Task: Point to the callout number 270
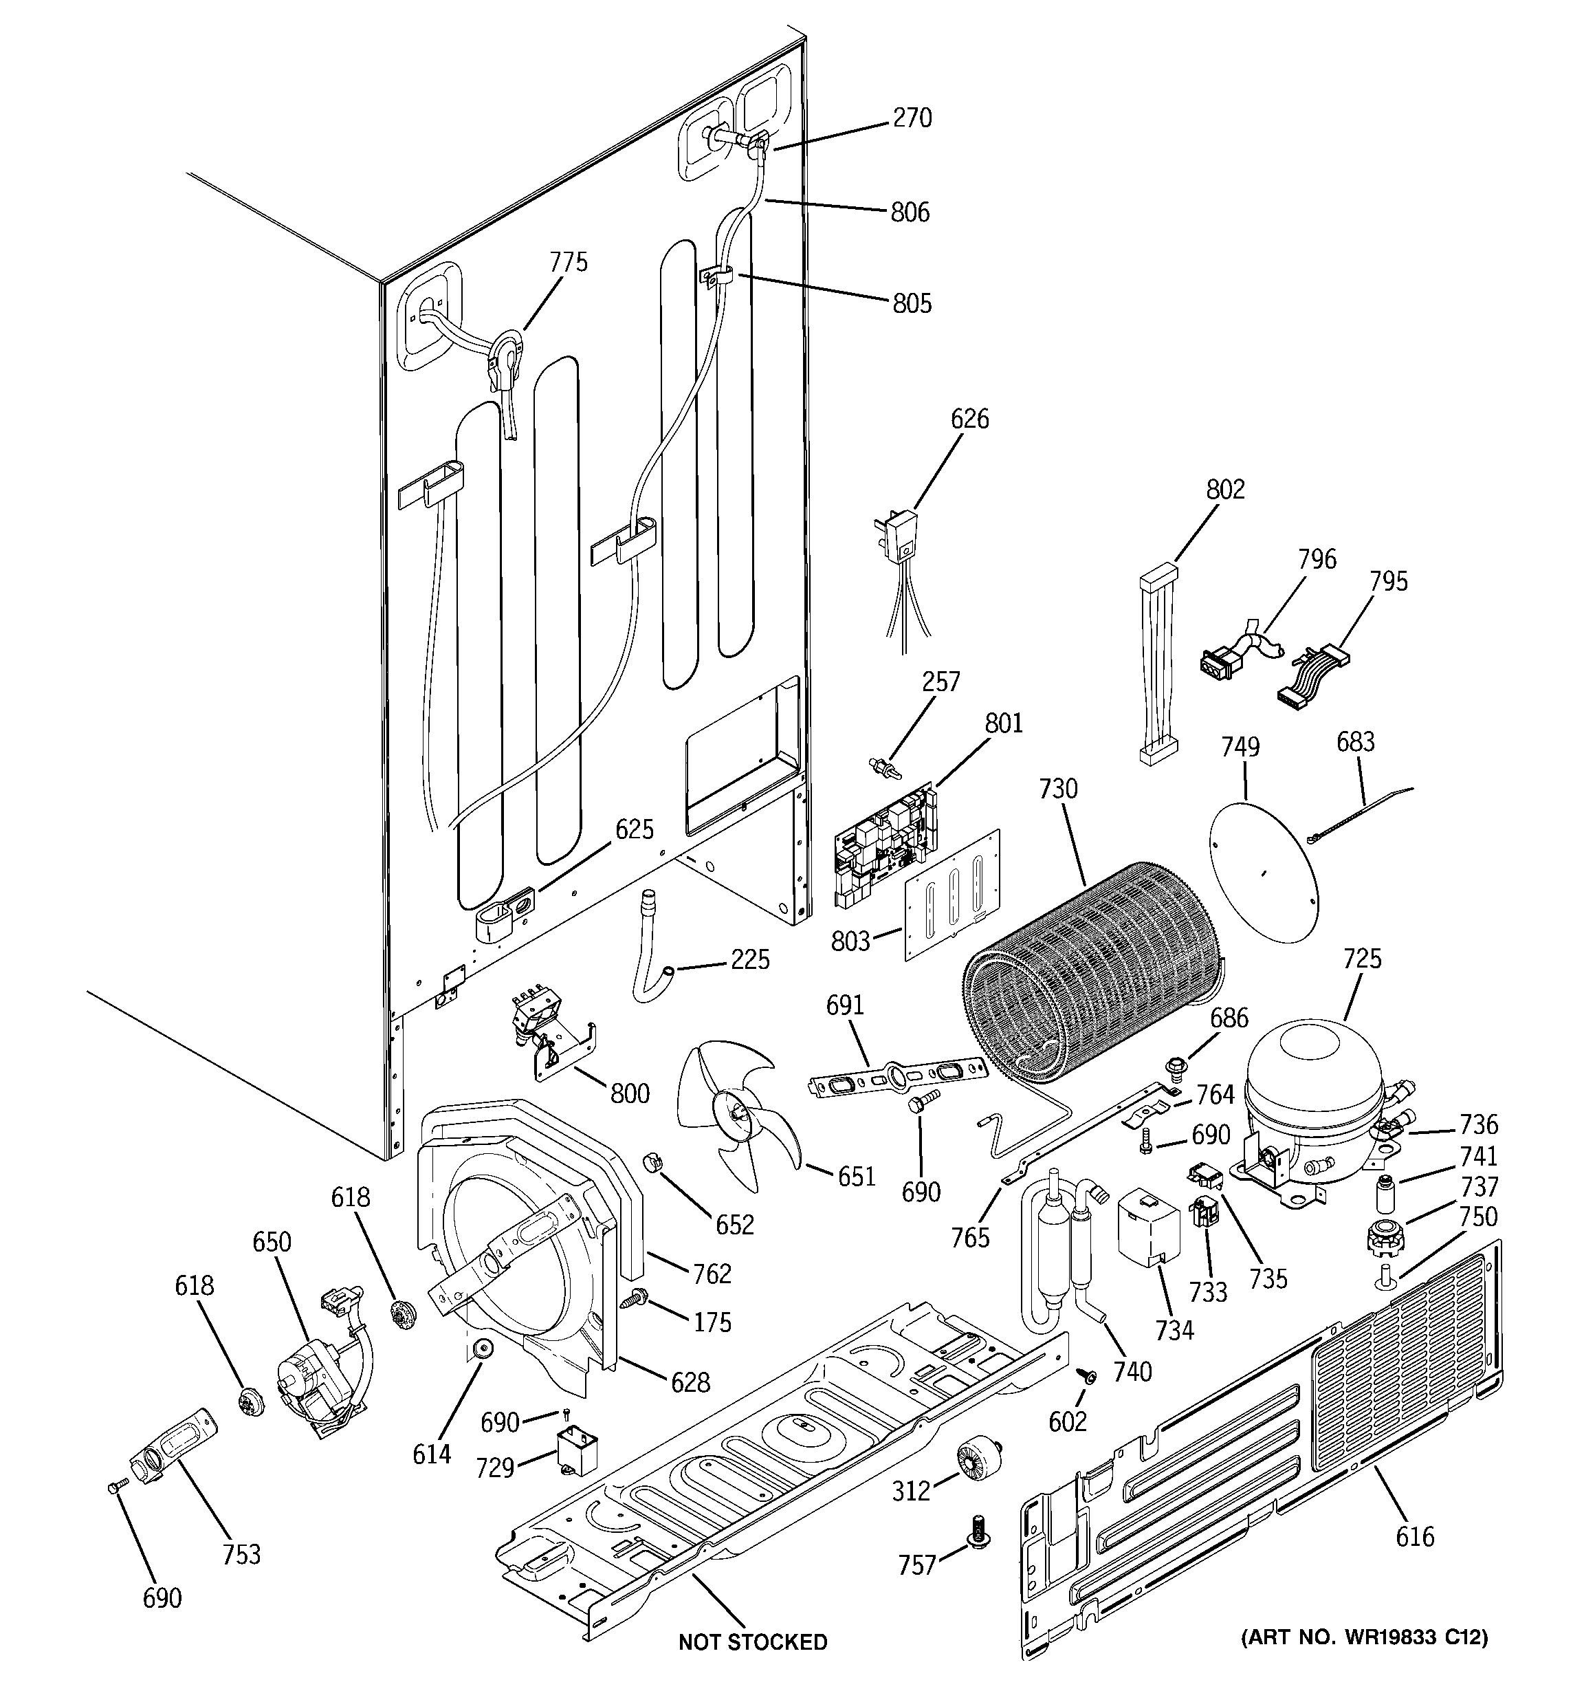(x=912, y=118)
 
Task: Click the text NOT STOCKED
(x=753, y=1642)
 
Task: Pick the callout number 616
(x=1414, y=1537)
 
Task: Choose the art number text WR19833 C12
(x=1365, y=1638)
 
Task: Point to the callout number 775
(x=569, y=262)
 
